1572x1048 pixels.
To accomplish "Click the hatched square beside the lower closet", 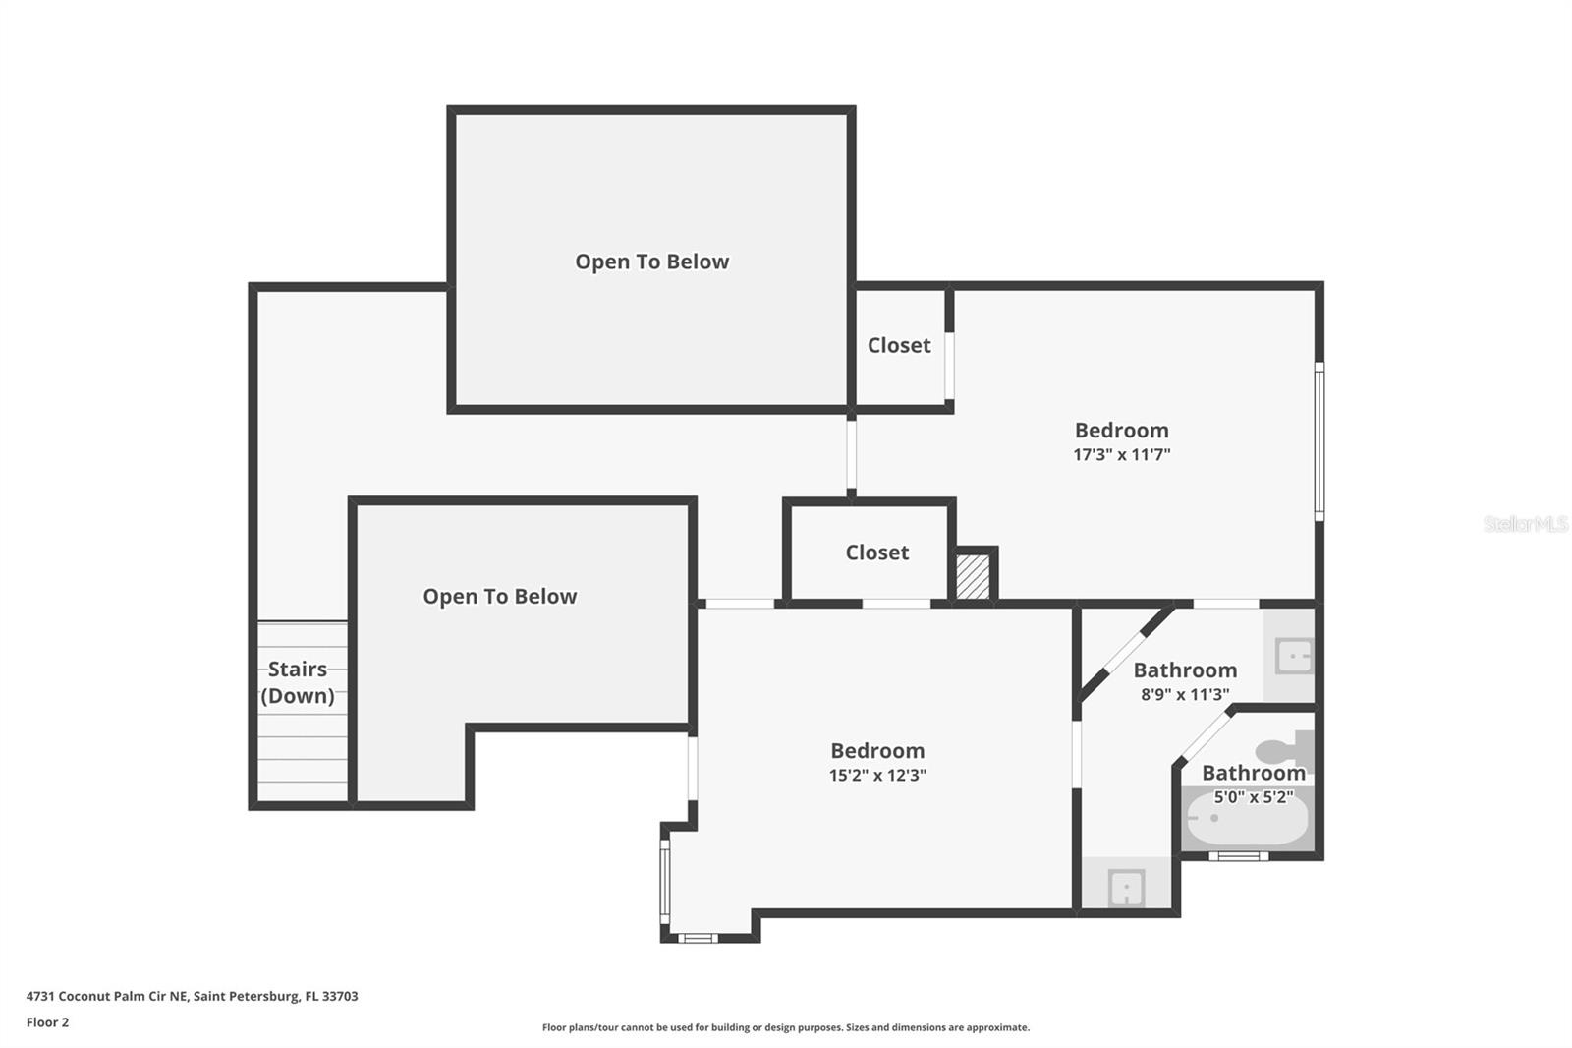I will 974,577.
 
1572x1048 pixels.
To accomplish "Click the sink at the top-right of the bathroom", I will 1293,656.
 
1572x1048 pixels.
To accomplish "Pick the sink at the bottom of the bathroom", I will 1126,888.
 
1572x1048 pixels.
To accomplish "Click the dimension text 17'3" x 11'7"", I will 1121,455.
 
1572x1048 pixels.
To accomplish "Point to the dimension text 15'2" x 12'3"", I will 877,775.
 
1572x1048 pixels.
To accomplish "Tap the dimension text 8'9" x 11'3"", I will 1185,695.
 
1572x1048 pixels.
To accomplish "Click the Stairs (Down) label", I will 298,682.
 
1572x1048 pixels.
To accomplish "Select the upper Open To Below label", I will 651,262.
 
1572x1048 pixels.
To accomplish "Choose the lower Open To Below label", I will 499,597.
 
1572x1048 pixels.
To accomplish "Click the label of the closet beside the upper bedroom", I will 898,345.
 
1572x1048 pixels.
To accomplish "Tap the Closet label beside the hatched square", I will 876,553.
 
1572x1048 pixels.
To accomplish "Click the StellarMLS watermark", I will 1525,524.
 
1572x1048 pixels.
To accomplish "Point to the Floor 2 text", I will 47,1022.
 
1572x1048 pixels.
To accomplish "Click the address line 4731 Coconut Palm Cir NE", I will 192,996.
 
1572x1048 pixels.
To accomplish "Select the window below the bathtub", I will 1238,856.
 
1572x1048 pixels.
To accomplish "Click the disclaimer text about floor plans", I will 785,1027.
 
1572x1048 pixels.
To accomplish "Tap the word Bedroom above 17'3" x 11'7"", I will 1121,431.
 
